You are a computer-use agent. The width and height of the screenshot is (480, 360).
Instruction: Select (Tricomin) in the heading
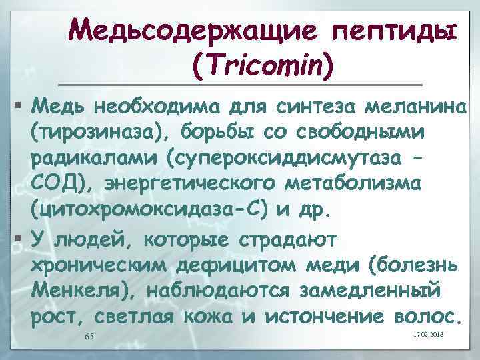262,63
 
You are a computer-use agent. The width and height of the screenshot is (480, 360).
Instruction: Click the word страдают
293,238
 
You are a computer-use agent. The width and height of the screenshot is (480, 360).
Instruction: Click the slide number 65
89,336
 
